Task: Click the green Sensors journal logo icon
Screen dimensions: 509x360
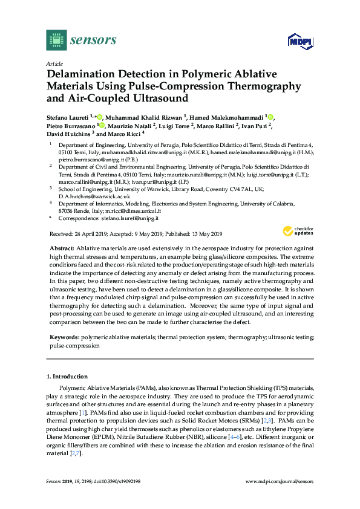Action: click(x=56, y=40)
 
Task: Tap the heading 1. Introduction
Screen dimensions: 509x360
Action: click(x=67, y=376)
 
